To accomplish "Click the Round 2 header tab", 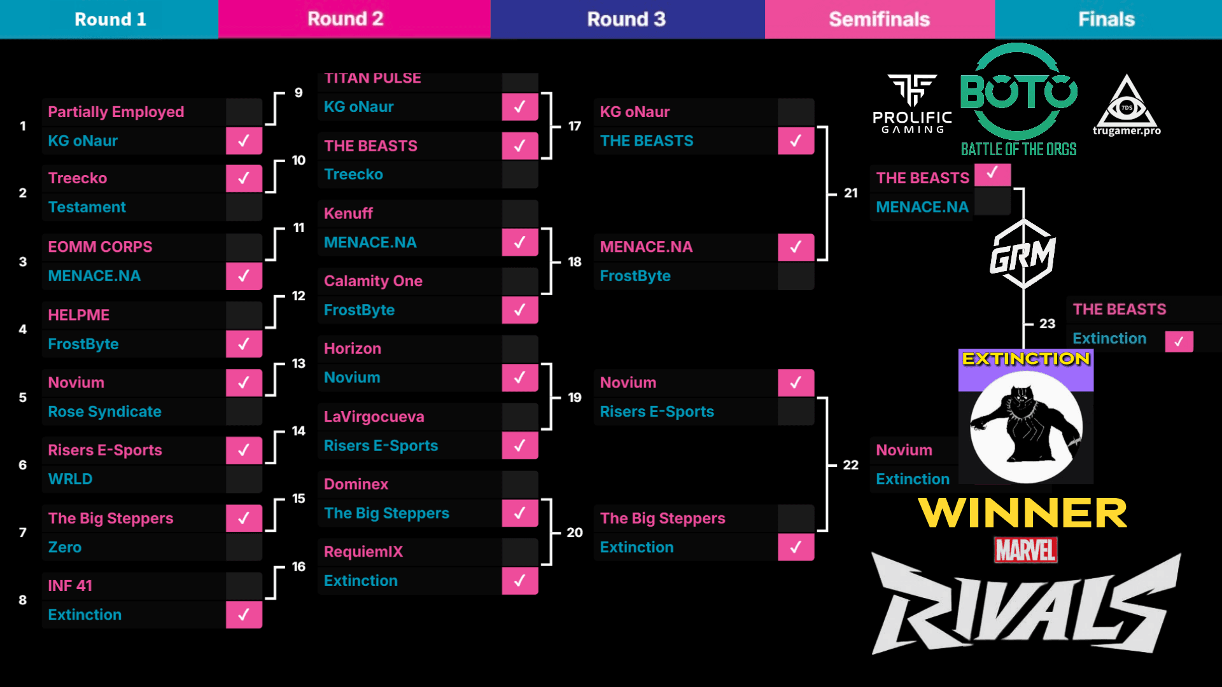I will click(346, 19).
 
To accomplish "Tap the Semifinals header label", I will click(879, 19).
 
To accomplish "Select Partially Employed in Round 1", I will click(116, 112).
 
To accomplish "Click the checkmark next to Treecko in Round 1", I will click(244, 178).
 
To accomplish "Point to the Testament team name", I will click(87, 207).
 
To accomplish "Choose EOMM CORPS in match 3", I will click(100, 247).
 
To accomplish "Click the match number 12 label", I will click(298, 296).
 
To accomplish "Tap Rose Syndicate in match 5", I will click(104, 412).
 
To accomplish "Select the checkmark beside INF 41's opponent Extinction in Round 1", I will click(244, 614).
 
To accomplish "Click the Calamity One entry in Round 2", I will click(373, 281).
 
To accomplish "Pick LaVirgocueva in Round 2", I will click(374, 417).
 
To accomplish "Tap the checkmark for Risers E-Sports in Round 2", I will click(519, 446).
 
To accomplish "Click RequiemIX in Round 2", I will click(363, 552).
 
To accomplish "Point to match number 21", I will click(851, 193).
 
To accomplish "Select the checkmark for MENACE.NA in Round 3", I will click(796, 247).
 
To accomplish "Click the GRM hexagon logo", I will click(1023, 254).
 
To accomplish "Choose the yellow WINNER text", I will click(1023, 513).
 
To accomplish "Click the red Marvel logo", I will click(1025, 550).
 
